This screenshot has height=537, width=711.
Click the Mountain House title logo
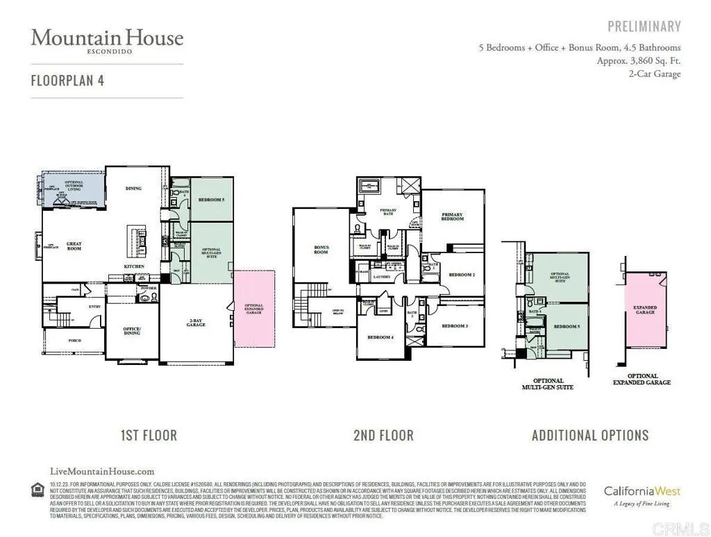[107, 40]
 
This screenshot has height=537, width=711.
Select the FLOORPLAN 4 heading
[67, 80]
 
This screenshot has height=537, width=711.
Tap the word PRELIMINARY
[644, 27]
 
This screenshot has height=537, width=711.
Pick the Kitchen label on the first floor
[134, 266]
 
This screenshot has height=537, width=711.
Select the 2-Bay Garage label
[196, 323]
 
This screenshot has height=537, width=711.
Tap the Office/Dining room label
[132, 331]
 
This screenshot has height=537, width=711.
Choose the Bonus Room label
[321, 250]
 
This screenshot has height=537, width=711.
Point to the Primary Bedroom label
[452, 217]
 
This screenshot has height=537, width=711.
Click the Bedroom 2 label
[461, 275]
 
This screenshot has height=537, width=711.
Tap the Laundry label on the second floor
[382, 277]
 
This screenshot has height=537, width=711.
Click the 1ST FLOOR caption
[149, 436]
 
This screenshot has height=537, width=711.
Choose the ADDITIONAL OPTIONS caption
[589, 436]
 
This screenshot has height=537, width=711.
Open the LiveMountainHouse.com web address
[103, 471]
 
